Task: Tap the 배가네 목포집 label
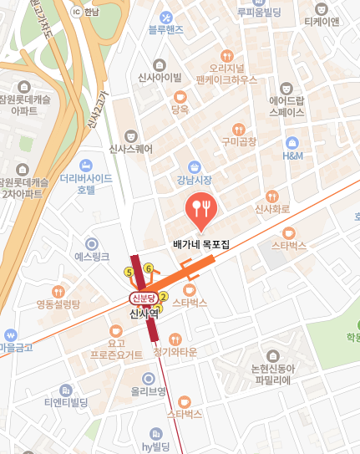tap(201, 245)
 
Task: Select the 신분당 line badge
tap(143, 298)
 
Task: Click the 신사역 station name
tap(144, 314)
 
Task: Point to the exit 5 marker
tap(129, 272)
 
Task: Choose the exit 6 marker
tap(148, 268)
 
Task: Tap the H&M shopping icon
tap(292, 143)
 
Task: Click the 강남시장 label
tap(194, 180)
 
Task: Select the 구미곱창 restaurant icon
tap(238, 130)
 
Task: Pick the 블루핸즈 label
tap(165, 30)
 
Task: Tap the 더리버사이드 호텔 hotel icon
tap(86, 166)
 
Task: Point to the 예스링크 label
tap(92, 257)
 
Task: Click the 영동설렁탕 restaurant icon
tap(58, 291)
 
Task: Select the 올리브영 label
tap(149, 391)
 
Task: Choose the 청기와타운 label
tap(175, 352)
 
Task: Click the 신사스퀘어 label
tap(131, 150)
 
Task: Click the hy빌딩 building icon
tap(155, 432)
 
